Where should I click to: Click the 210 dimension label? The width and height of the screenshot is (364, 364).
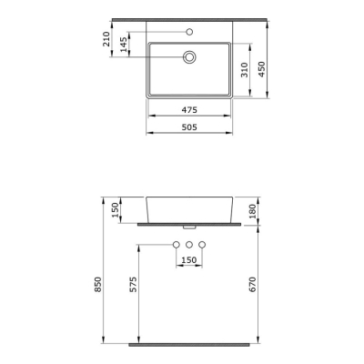[x=107, y=39]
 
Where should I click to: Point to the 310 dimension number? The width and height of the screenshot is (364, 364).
[x=243, y=70]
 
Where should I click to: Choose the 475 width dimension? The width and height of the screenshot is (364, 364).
[x=189, y=110]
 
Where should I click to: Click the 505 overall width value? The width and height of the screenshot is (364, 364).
[x=189, y=128]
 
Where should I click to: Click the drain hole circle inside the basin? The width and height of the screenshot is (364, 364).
[x=189, y=56]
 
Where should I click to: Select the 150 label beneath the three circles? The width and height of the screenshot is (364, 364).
[x=189, y=261]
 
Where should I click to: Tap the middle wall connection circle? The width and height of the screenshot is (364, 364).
[x=189, y=246]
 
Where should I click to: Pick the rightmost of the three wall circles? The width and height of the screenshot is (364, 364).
[x=203, y=246]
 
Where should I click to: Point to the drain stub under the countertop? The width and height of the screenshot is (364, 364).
[x=189, y=226]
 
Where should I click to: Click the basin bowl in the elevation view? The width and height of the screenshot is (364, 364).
[x=189, y=207]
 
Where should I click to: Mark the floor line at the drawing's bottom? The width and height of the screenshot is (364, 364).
[x=189, y=347]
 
